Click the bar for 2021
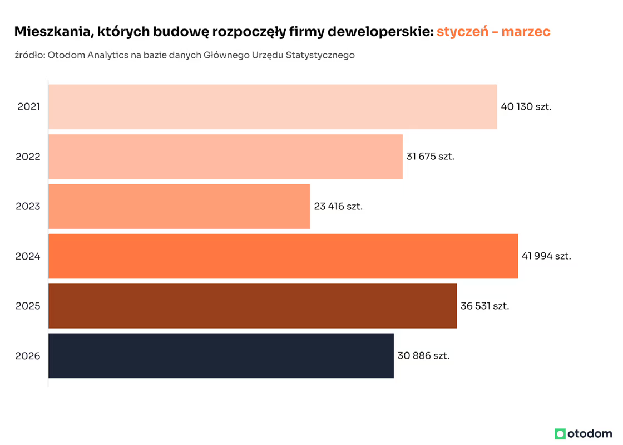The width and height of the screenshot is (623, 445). pyautogui.click(x=273, y=106)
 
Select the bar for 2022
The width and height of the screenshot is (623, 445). pyautogui.click(x=225, y=157)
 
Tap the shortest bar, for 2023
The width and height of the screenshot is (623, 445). pyautogui.click(x=179, y=206)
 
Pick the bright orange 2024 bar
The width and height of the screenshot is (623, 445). pyautogui.click(x=283, y=256)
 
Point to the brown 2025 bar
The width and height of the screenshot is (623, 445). pyautogui.click(x=253, y=306)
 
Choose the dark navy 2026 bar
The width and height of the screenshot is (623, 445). pyautogui.click(x=221, y=356)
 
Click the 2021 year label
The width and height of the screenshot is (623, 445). pyautogui.click(x=28, y=106)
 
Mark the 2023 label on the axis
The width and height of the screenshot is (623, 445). pyautogui.click(x=28, y=207)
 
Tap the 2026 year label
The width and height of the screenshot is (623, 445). pyautogui.click(x=28, y=356)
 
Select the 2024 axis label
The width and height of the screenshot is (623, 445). pyautogui.click(x=28, y=256)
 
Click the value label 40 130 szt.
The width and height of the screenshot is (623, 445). pyautogui.click(x=526, y=106)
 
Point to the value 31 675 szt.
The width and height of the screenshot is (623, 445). pyautogui.click(x=431, y=157)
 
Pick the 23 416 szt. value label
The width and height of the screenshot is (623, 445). pyautogui.click(x=338, y=207)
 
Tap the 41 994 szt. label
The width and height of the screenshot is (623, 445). pyautogui.click(x=546, y=256)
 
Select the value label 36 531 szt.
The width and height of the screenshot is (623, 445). pyautogui.click(x=485, y=306)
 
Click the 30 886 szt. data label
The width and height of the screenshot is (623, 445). pyautogui.click(x=423, y=356)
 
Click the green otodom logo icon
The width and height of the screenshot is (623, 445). pyautogui.click(x=560, y=433)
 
